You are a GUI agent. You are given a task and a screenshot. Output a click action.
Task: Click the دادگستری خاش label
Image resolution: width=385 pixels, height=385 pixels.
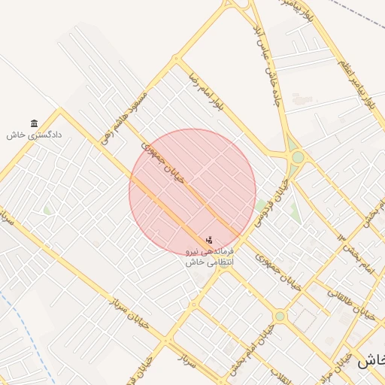(34, 135)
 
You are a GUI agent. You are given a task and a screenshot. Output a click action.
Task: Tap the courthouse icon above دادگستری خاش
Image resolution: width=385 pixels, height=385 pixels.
(34, 123)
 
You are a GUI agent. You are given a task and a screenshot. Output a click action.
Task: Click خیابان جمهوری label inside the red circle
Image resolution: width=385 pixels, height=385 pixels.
(166, 162)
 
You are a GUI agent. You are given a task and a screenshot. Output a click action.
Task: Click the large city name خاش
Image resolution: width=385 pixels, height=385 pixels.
(370, 362)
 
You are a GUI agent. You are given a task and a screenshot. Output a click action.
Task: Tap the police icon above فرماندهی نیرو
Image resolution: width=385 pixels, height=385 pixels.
(209, 240)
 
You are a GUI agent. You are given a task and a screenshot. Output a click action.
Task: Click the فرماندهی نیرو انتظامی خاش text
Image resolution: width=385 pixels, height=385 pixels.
(211, 256)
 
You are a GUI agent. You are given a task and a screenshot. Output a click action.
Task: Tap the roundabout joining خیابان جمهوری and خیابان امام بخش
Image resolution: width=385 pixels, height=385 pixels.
(280, 317)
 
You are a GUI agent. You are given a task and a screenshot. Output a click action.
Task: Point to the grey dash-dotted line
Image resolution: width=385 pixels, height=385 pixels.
(357, 15)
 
